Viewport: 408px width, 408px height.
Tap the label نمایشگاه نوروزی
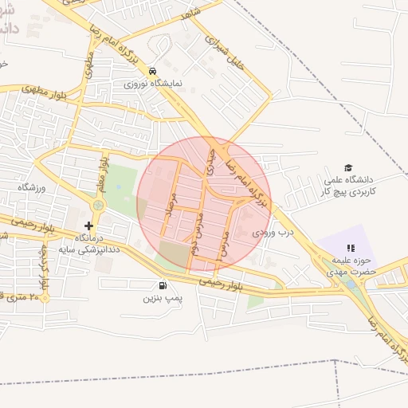(x=154, y=83)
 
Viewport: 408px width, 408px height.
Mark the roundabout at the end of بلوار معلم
(x=98, y=206)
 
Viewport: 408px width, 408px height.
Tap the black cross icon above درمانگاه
(x=88, y=226)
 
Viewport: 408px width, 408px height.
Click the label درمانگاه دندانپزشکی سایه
(x=88, y=243)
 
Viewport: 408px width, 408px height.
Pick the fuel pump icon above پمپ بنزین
(x=163, y=285)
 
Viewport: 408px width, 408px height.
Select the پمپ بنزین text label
(x=163, y=298)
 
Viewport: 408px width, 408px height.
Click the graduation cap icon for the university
(x=348, y=167)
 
